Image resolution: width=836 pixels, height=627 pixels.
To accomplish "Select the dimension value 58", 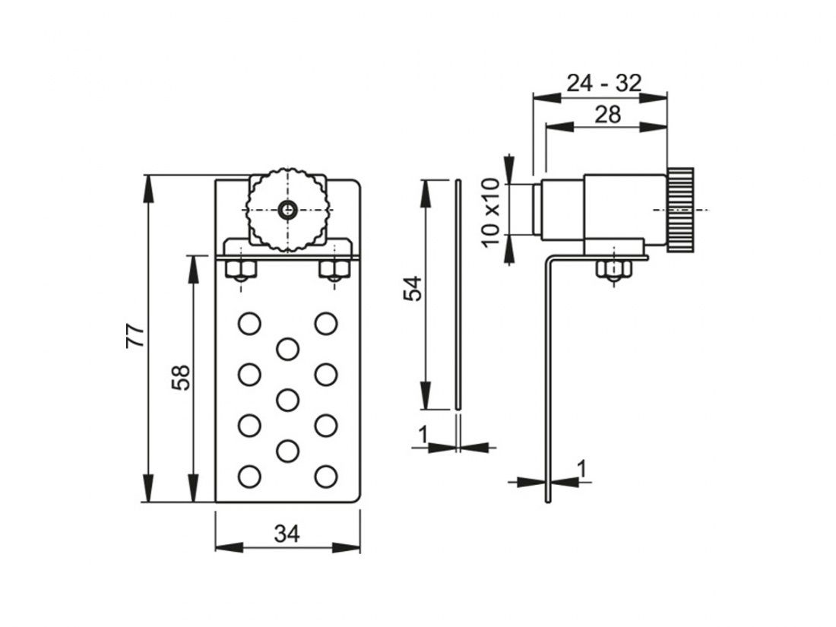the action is click(182, 378).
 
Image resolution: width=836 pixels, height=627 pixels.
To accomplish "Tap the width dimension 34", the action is click(287, 534).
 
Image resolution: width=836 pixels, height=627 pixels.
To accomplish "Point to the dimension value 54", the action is click(413, 289).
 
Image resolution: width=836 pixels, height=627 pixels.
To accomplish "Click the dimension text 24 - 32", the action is click(603, 83).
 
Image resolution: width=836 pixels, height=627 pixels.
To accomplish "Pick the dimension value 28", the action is click(608, 115).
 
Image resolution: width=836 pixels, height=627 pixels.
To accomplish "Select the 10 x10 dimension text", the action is click(492, 213).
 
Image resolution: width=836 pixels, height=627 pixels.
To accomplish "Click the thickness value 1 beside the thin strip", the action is click(423, 435).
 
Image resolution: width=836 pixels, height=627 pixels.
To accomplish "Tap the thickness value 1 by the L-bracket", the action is click(581, 469).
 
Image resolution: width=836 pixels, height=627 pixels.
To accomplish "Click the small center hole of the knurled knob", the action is click(288, 210).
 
